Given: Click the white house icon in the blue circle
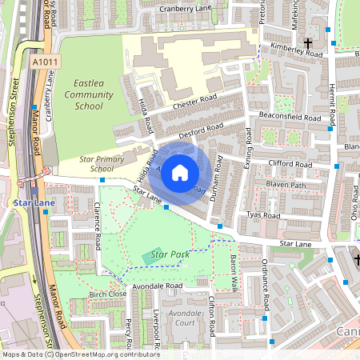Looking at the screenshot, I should click(x=180, y=171).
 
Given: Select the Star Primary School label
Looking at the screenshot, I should click(x=102, y=164).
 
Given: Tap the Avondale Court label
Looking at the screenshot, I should click(x=185, y=318).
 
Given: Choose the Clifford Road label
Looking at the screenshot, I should click(x=289, y=164).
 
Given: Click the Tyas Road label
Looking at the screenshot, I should click(x=263, y=216).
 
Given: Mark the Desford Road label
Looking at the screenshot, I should click(x=200, y=130).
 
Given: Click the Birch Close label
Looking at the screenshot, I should click(x=108, y=294).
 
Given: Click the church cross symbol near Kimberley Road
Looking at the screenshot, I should click(x=306, y=42).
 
